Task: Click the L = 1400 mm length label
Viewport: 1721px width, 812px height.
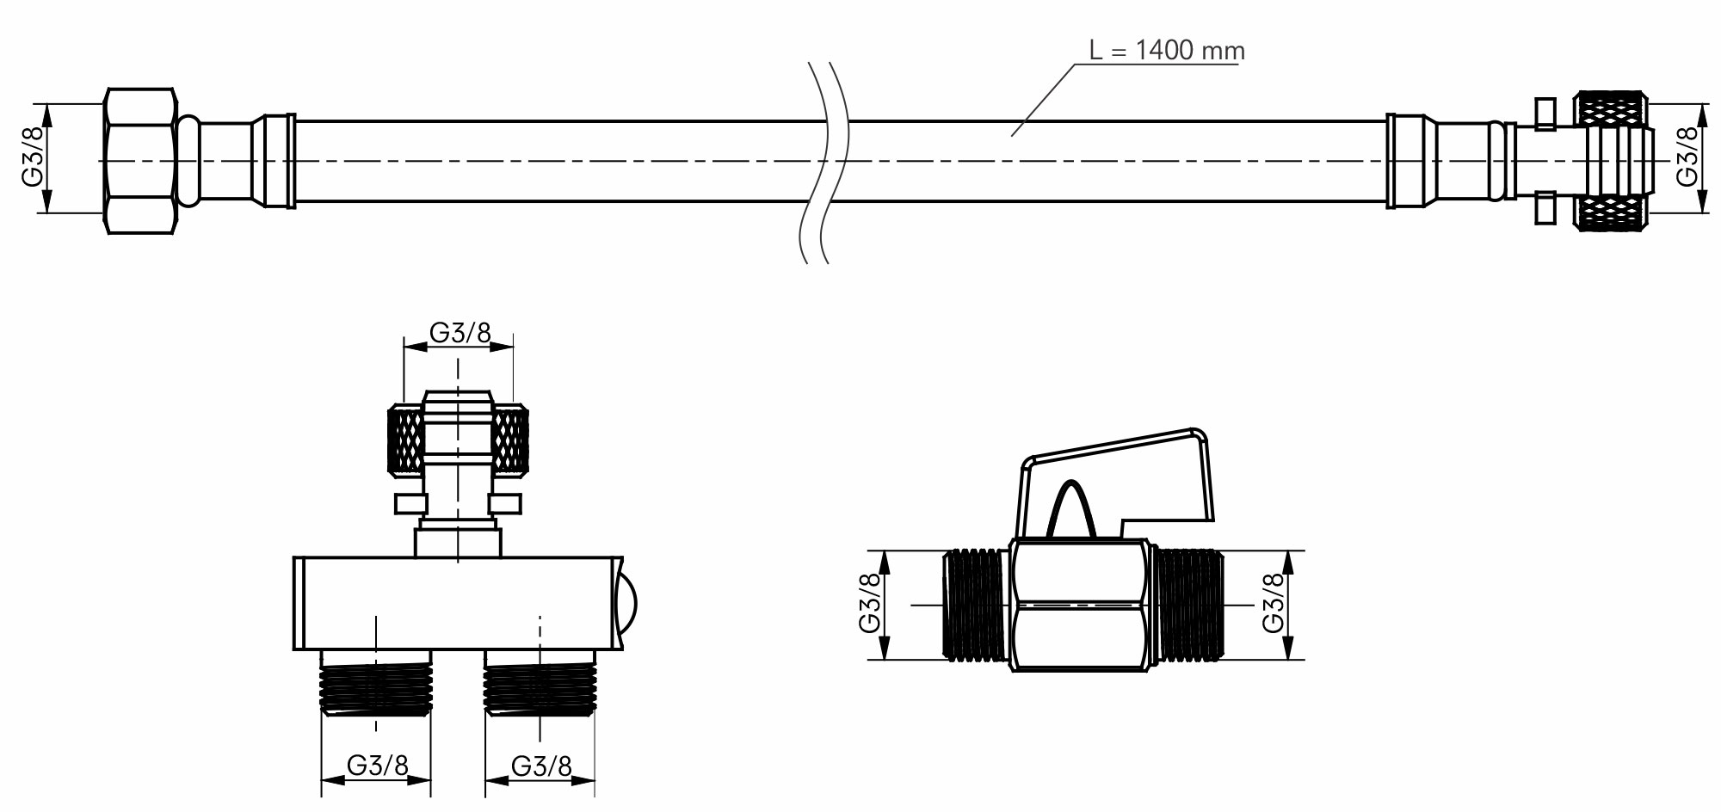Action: tap(1166, 51)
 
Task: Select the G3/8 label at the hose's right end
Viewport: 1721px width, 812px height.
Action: tap(1687, 157)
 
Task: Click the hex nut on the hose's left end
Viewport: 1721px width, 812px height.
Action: tap(141, 161)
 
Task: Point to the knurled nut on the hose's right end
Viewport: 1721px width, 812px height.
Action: tap(1613, 160)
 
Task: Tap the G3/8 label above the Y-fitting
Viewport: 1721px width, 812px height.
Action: tap(460, 333)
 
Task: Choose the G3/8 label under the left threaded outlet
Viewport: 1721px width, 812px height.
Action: tap(377, 766)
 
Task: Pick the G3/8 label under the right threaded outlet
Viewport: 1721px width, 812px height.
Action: tap(541, 766)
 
